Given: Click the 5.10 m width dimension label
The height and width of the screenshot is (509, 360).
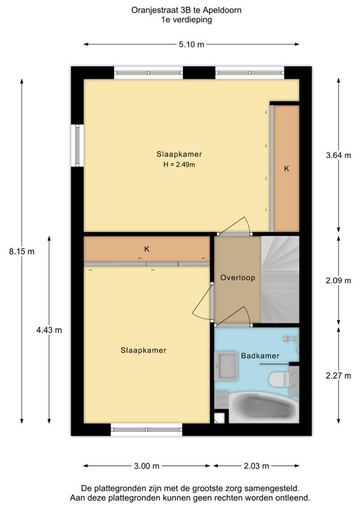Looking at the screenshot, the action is point(191,44).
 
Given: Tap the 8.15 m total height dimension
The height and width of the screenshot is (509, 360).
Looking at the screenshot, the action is point(22,251).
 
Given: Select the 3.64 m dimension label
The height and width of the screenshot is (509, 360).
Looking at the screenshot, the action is point(338,155).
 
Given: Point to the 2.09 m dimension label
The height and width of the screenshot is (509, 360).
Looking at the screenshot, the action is point(338,280).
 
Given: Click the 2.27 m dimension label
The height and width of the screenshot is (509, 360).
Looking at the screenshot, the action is point(338,376).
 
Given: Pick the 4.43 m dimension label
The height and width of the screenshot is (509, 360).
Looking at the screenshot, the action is point(49,330).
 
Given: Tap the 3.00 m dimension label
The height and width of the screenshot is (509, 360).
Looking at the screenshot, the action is point(147,466).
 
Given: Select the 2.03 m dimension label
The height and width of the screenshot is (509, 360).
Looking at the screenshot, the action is point(256,466).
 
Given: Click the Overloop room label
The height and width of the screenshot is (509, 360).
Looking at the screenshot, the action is point(238,277).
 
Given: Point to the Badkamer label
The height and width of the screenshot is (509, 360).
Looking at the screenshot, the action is point(260,356).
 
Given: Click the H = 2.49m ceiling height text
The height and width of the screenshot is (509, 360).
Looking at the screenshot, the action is point(179,164).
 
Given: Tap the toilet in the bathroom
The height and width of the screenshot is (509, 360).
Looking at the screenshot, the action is point(279,379).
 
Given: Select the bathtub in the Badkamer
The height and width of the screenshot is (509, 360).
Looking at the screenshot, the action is point(263,407).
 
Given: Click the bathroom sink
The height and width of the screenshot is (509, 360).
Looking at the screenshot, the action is point(227,365).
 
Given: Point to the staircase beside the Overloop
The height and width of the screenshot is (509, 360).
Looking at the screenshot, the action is point(280,280).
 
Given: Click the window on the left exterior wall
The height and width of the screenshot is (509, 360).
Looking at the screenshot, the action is point(77,145).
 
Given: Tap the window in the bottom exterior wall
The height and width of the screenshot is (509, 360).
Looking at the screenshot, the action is point(146,430).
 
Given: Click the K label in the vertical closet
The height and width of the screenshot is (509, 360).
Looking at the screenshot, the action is point(286,169).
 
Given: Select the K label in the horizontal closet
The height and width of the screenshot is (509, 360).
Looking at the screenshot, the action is point(147,249).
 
